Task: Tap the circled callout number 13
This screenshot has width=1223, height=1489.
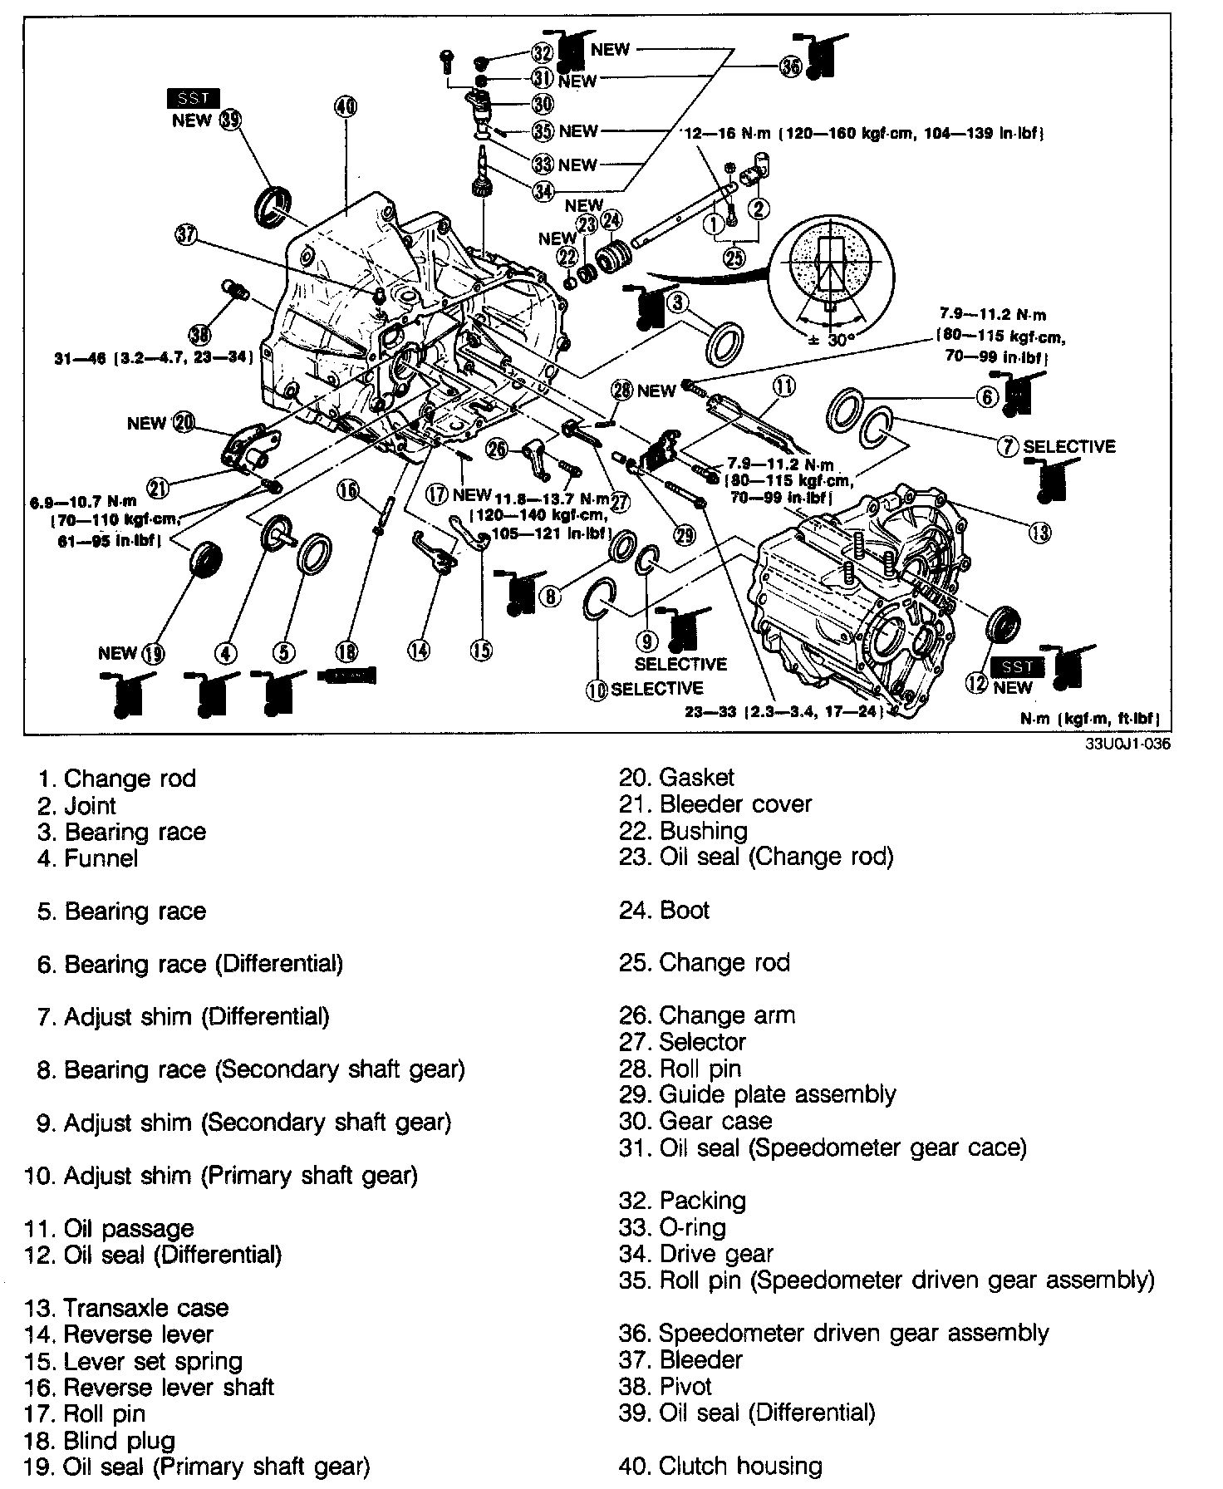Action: (1039, 532)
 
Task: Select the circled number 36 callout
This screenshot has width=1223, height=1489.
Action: (792, 67)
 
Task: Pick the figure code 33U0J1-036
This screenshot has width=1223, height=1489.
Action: (1127, 744)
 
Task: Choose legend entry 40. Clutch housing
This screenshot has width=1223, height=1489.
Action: (720, 1467)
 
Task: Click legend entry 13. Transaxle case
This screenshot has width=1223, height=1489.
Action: (127, 1308)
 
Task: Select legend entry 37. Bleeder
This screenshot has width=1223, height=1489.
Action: (680, 1360)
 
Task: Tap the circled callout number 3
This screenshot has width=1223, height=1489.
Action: (679, 303)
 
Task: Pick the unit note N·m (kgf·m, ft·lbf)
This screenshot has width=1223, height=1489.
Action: (1090, 719)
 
